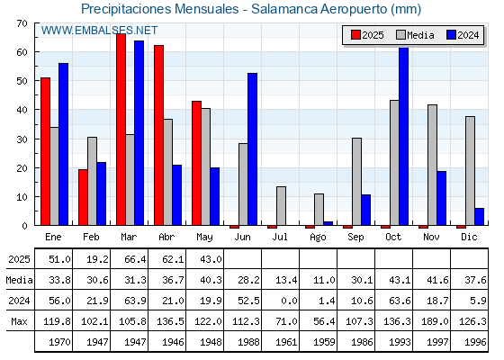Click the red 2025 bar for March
(121, 130)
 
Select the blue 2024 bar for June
(252, 149)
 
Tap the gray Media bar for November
(432, 165)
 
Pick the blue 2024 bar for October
(404, 136)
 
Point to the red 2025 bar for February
(83, 197)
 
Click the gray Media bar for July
(281, 206)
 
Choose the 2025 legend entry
(367, 35)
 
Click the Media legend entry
(415, 35)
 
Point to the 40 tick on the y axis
(36, 110)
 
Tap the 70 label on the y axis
(22, 23)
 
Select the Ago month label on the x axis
(318, 238)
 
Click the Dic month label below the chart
(469, 237)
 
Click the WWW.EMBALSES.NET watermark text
(99, 31)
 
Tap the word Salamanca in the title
(284, 9)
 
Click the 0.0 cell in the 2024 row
(289, 301)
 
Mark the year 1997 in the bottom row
(437, 342)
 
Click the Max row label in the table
(19, 321)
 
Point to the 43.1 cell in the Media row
(400, 280)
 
